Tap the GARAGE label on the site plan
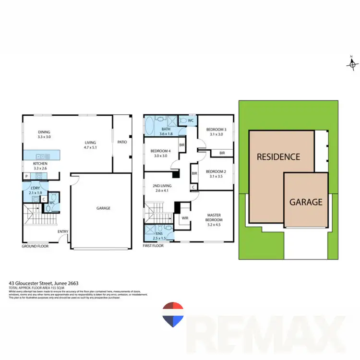click(x=305, y=202)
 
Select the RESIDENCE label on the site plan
click(x=278, y=156)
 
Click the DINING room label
click(x=44, y=135)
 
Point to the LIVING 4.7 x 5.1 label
click(x=90, y=145)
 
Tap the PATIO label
click(x=122, y=142)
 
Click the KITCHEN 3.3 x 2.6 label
click(x=40, y=166)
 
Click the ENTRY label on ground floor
click(x=63, y=232)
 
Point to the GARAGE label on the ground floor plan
click(x=103, y=208)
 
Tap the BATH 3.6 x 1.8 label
click(x=166, y=132)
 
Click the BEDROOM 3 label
click(x=216, y=132)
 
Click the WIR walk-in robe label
click(x=184, y=217)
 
